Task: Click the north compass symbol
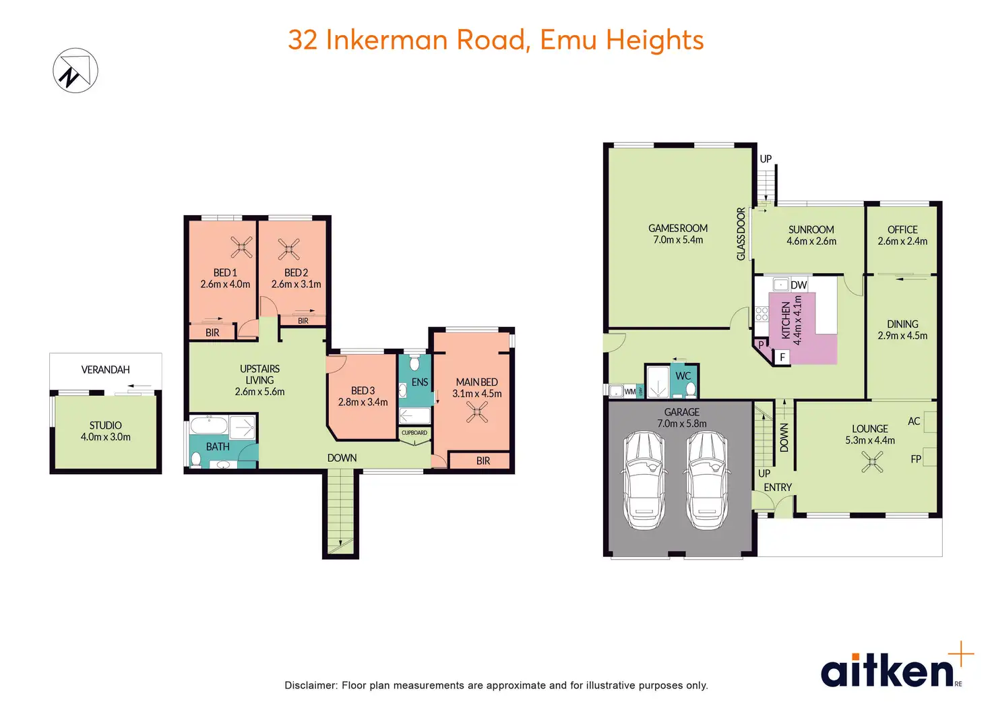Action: (x=75, y=70)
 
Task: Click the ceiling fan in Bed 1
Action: (x=241, y=247)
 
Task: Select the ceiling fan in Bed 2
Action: (x=289, y=250)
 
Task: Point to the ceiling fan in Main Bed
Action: (x=477, y=411)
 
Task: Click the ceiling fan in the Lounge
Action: (x=872, y=462)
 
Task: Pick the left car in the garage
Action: (x=645, y=479)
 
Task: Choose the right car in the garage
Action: (x=706, y=479)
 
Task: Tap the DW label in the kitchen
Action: (x=799, y=285)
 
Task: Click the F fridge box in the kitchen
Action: (x=782, y=357)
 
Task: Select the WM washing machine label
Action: (x=629, y=391)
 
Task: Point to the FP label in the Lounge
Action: (x=916, y=459)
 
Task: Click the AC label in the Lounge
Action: (x=914, y=421)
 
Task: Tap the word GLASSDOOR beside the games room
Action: (x=741, y=233)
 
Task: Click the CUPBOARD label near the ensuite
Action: (x=414, y=433)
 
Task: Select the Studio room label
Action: (x=106, y=431)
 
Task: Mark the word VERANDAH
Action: (x=106, y=370)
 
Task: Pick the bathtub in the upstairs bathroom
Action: (x=208, y=426)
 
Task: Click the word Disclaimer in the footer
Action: (x=311, y=685)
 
